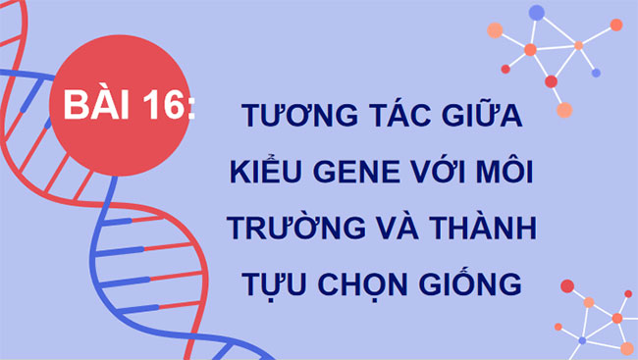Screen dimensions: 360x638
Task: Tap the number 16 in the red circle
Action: tap(163, 105)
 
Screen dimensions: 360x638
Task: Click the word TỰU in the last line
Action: tap(270, 284)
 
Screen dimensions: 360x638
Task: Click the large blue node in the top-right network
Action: tap(536, 13)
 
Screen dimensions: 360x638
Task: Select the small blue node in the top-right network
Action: tap(595, 73)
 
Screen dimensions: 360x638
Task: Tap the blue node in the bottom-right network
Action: tap(582, 340)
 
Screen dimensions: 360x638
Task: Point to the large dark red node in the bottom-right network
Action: tap(566, 286)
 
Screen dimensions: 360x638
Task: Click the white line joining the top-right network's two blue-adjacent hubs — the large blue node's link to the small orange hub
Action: tap(558, 28)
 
